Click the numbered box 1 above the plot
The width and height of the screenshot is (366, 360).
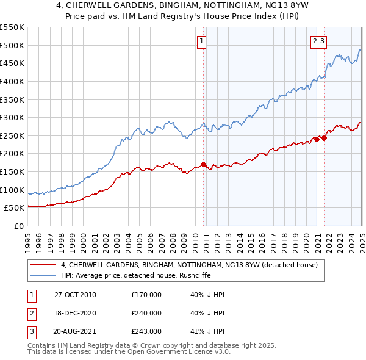click(x=201, y=41)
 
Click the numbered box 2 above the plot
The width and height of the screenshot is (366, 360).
click(x=315, y=41)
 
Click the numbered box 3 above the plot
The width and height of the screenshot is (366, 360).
click(x=322, y=41)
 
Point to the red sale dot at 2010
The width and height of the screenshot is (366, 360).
click(x=204, y=164)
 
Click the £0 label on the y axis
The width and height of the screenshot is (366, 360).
click(x=20, y=226)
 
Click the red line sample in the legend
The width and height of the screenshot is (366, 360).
click(x=42, y=265)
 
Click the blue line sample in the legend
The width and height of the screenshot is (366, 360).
click(x=42, y=275)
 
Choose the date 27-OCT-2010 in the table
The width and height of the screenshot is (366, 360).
click(x=75, y=295)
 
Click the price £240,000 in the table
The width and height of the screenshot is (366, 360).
click(x=146, y=313)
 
